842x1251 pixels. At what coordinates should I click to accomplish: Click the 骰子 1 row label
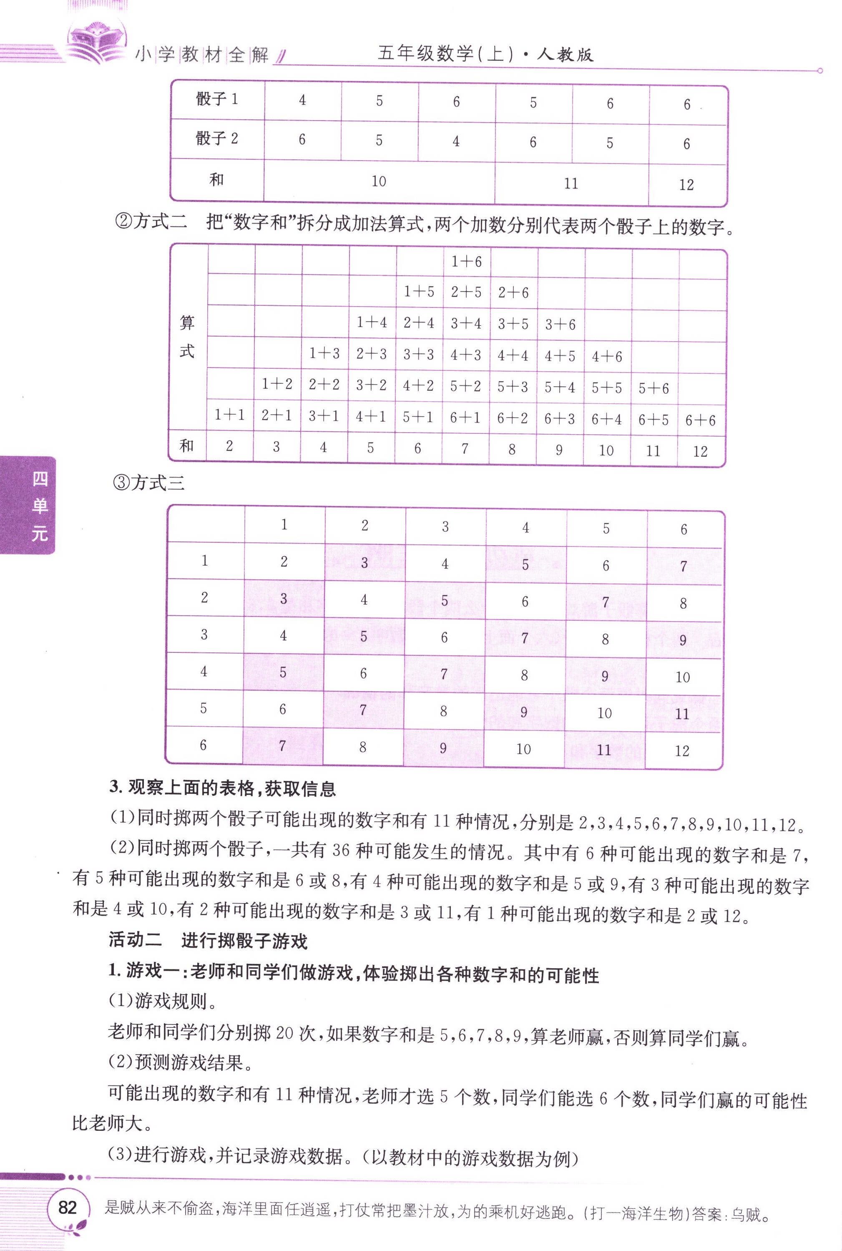tap(217, 99)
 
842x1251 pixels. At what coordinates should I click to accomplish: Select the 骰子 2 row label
tap(217, 138)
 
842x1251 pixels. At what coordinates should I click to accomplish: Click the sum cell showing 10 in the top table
tap(379, 181)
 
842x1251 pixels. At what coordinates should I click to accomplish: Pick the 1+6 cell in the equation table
tap(466, 262)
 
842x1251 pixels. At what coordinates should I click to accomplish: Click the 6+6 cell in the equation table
tap(700, 420)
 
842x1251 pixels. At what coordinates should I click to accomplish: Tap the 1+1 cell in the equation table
tap(230, 415)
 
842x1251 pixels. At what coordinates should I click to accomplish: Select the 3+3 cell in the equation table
tap(419, 355)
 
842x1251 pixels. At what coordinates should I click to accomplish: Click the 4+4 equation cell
tap(513, 355)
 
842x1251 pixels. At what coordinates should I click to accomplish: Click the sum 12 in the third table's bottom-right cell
tap(682, 751)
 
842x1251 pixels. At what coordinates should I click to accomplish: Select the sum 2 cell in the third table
tap(284, 562)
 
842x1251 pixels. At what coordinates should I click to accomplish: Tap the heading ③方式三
tap(149, 483)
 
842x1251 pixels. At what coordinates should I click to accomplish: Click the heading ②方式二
tap(151, 222)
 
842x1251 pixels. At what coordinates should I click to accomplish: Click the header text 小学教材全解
tap(202, 55)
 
